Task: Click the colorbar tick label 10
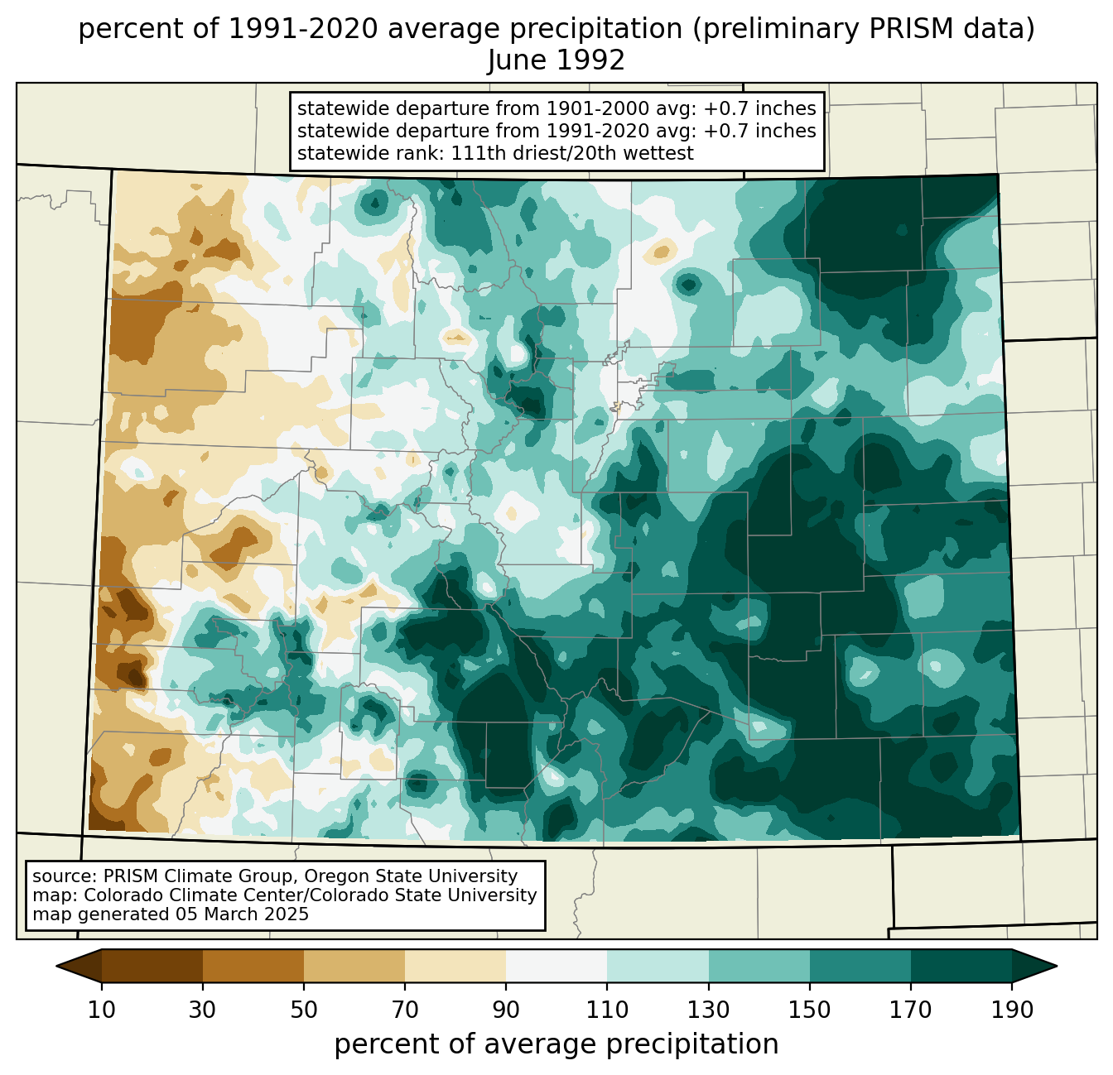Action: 101,1010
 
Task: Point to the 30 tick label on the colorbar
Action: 202,1010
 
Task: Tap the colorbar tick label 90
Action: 506,1010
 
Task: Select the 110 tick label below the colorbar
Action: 607,1010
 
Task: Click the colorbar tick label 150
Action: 809,1010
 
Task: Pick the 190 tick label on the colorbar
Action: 1012,1010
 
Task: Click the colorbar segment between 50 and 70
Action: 354,966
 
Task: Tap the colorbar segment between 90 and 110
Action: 556,966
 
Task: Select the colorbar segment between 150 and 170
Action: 860,966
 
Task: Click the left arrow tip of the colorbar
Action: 56,966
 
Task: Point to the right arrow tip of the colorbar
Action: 1057,966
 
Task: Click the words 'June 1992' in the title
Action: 556,60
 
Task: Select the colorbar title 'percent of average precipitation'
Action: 556,1044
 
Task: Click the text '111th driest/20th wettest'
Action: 572,153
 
